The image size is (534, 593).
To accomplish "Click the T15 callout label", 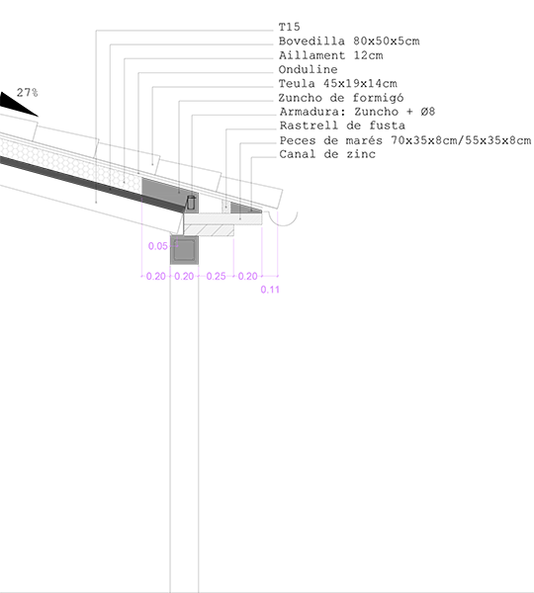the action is coord(289,27).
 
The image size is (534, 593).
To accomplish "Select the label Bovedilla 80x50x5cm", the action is coord(349,41).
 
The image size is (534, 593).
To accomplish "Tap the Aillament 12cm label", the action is coord(330,55).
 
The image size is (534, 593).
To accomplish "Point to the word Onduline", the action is coord(308,69).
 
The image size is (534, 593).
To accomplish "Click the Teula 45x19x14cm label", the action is coord(337,84).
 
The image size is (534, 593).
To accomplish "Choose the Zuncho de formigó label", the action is coord(341,98).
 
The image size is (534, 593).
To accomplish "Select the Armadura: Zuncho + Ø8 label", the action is coord(357,112).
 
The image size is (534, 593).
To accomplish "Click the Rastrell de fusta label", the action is coord(342,126).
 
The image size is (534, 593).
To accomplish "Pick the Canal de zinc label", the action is coord(327,154).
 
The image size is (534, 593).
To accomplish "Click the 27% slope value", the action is coord(28,93).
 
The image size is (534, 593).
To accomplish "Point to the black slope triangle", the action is coord(15,105).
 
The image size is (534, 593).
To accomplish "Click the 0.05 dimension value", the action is coord(158,246).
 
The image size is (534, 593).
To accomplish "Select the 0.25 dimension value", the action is coord(217,277).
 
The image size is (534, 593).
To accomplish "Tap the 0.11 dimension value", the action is coord(270,290).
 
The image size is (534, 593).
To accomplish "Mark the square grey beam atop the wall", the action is coord(184,250).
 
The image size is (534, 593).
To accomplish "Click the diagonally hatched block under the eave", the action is coord(209,230).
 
